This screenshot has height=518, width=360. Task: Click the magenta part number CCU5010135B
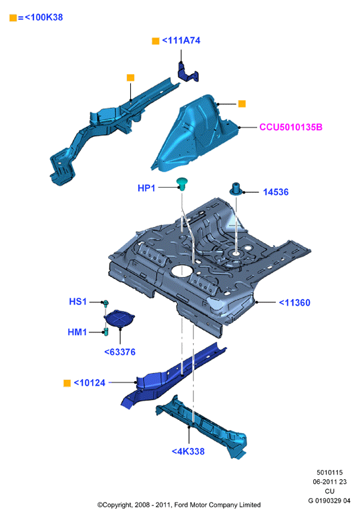point(291,127)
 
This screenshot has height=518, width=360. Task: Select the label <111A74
point(181,40)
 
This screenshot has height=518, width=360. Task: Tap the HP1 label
point(146,188)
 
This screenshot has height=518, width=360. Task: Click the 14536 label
point(276,192)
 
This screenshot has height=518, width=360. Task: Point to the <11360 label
point(295,302)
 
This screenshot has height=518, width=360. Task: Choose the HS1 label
point(77,302)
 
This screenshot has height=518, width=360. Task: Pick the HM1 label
point(77,332)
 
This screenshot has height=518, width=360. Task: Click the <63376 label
point(120,352)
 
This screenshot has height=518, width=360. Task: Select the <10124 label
point(89,382)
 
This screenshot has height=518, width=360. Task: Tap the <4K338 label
point(188,451)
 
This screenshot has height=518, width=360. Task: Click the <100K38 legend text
point(43,17)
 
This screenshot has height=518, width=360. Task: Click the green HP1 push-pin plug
point(182,184)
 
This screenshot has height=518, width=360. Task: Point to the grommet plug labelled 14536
point(236,189)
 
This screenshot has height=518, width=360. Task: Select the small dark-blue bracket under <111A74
point(188,72)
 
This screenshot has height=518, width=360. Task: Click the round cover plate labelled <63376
point(120,318)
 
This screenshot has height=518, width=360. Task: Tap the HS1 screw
point(106,303)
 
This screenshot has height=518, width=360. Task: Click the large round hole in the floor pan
point(182,270)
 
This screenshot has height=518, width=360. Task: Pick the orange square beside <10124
point(67,383)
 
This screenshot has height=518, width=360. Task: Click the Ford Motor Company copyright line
point(179,505)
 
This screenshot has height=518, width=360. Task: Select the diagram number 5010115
point(329,473)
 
